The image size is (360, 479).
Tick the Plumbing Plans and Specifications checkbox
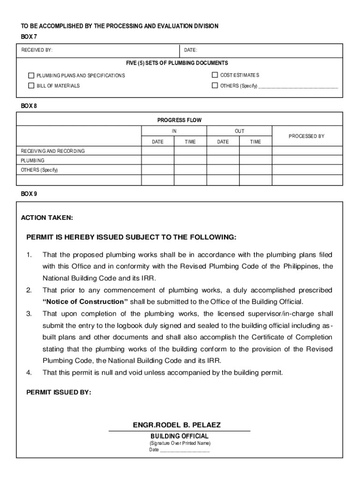click(x=31, y=75)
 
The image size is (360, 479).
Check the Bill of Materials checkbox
click(x=31, y=86)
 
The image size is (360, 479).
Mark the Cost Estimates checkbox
click(x=215, y=75)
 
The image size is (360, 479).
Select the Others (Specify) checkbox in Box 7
click(x=215, y=86)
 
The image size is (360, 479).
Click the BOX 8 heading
click(x=29, y=106)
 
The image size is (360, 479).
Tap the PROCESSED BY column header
click(x=306, y=136)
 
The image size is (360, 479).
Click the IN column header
click(x=174, y=131)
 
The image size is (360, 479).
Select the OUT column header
click(x=239, y=131)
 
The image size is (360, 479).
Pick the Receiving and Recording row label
click(x=53, y=151)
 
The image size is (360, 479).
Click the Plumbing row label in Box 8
click(x=33, y=160)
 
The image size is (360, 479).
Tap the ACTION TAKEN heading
click(x=47, y=218)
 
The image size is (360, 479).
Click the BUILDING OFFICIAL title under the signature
click(x=180, y=436)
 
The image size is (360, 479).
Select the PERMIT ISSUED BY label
click(x=59, y=392)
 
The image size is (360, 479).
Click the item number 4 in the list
click(x=29, y=373)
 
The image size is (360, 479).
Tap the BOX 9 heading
click(x=29, y=194)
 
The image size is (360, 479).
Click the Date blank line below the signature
click(x=185, y=450)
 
